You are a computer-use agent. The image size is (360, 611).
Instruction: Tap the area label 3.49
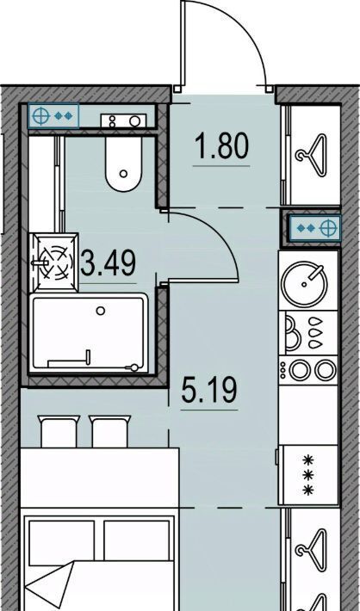click(x=109, y=262)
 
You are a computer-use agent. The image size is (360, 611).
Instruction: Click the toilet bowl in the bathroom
click(x=124, y=164)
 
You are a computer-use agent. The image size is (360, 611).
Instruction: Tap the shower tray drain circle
click(x=101, y=311)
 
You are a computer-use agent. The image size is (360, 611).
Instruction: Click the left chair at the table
click(x=59, y=431)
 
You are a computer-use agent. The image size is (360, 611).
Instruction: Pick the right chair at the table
click(x=110, y=431)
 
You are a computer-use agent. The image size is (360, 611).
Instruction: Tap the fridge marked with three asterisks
click(x=308, y=475)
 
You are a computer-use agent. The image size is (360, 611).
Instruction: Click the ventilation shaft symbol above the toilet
click(x=53, y=116)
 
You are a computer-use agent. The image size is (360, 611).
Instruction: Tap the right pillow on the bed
click(x=137, y=540)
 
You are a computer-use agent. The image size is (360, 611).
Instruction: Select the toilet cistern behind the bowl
click(x=124, y=120)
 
